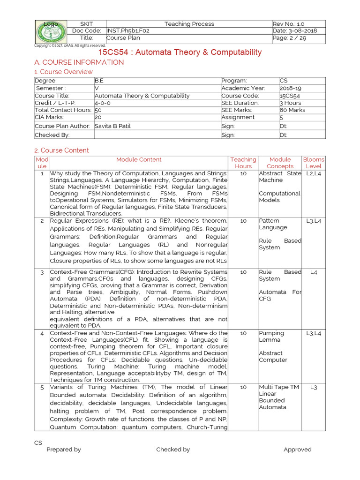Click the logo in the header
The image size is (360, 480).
point(51,31)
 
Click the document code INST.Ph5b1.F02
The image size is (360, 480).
point(128,30)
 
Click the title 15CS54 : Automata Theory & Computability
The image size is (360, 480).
point(180,52)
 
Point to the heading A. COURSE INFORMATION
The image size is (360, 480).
point(79,62)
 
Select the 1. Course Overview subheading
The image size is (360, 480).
point(64,72)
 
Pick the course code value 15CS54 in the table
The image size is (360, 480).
point(291,96)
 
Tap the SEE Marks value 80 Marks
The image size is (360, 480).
point(292,110)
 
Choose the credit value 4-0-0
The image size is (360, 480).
point(103,103)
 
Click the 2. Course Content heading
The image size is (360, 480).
point(61,150)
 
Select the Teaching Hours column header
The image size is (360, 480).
point(243,163)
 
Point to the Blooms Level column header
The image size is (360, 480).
point(314,163)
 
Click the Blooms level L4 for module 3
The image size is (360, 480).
point(314,272)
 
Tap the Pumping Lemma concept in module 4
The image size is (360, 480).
point(271,337)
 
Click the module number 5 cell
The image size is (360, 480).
point(42,387)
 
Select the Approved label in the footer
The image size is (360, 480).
point(297,450)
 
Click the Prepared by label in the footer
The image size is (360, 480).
point(64,450)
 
